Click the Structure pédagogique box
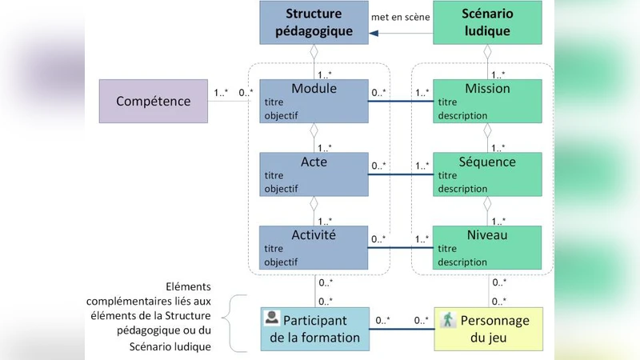(x=314, y=23)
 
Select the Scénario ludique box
(x=486, y=23)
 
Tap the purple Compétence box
(x=154, y=101)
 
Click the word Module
(x=314, y=88)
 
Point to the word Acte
(x=314, y=162)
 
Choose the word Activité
(x=314, y=234)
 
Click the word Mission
(x=486, y=88)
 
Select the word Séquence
(x=486, y=162)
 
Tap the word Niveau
(x=486, y=234)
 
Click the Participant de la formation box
(x=314, y=328)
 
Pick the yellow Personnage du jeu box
(x=486, y=328)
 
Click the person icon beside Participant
(x=272, y=318)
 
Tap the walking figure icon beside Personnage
(x=449, y=319)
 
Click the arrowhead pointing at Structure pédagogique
(x=374, y=34)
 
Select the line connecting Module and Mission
(x=400, y=101)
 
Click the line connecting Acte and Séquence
(x=400, y=174)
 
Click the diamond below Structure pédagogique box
(x=314, y=52)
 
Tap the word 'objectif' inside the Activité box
(x=280, y=262)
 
